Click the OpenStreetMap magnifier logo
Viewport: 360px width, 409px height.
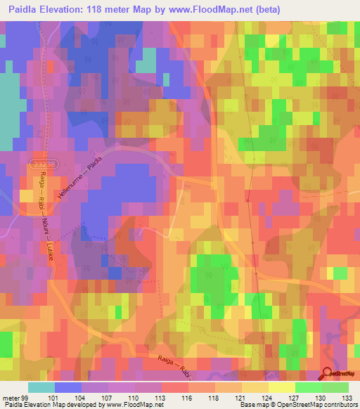(x=328, y=374)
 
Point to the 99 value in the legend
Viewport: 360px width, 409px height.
(x=26, y=397)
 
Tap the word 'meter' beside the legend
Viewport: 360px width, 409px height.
(x=10, y=397)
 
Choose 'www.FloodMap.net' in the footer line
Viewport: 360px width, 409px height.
(x=132, y=405)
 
